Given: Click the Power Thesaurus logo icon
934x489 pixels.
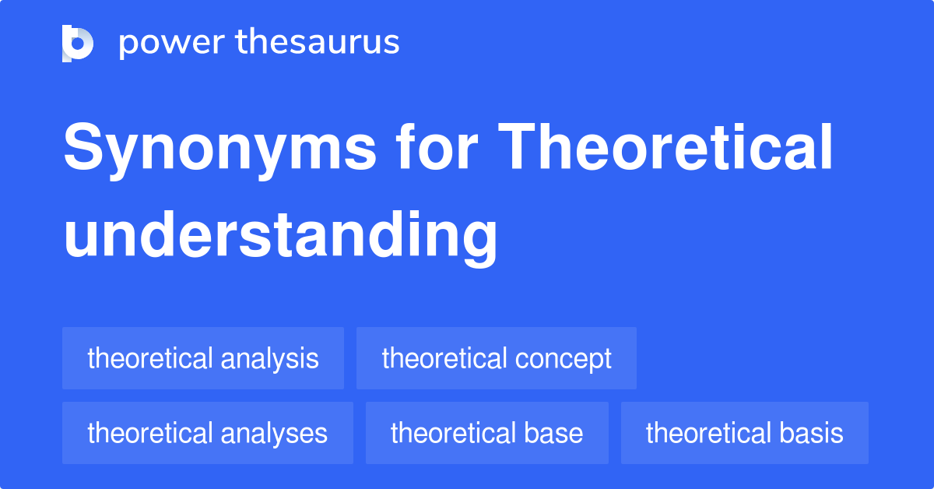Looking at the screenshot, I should point(78,43).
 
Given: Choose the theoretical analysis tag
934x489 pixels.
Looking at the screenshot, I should point(203,358).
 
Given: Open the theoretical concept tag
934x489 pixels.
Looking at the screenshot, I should point(497,358).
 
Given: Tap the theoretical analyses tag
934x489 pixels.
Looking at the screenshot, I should point(208,433).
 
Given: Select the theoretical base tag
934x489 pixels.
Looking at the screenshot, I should point(487,433).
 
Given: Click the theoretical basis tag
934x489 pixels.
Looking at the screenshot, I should point(745,433).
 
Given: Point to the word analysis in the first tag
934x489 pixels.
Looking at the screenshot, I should point(269,359).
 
